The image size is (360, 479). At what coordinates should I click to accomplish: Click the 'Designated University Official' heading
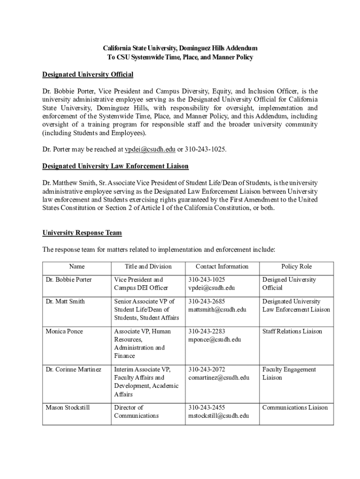pyautogui.click(x=88, y=74)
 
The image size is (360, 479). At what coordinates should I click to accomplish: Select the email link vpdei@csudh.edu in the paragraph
pyautogui.click(x=150, y=149)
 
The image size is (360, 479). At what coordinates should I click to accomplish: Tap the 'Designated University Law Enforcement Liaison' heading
pyautogui.click(x=115, y=166)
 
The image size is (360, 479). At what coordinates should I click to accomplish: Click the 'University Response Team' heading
pyautogui.click(x=82, y=232)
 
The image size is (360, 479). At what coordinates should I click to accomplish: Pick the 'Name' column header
pyautogui.click(x=77, y=267)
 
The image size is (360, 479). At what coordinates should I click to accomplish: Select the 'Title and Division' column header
pyautogui.click(x=148, y=267)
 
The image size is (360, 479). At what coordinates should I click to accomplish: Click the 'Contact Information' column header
pyautogui.click(x=222, y=267)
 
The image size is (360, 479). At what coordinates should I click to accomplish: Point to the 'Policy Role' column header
pyautogui.click(x=296, y=267)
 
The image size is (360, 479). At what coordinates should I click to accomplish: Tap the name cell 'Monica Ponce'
pyautogui.click(x=65, y=331)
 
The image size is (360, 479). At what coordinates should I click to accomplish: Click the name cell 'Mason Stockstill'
pyautogui.click(x=68, y=407)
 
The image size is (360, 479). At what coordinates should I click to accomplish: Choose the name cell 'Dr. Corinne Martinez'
pyautogui.click(x=73, y=370)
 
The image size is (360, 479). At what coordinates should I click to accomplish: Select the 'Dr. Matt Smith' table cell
pyautogui.click(x=65, y=301)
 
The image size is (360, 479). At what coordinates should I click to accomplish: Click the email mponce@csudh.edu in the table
pyautogui.click(x=215, y=340)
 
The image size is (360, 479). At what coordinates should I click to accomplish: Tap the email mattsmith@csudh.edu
pyautogui.click(x=217, y=310)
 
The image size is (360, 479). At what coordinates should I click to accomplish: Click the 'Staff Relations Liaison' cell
pyautogui.click(x=292, y=331)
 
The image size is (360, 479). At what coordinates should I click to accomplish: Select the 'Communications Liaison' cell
pyautogui.click(x=295, y=407)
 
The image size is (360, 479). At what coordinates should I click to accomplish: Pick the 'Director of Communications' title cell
pyautogui.click(x=137, y=412)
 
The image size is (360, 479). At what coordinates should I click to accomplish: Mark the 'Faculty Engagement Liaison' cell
pyautogui.click(x=289, y=373)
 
